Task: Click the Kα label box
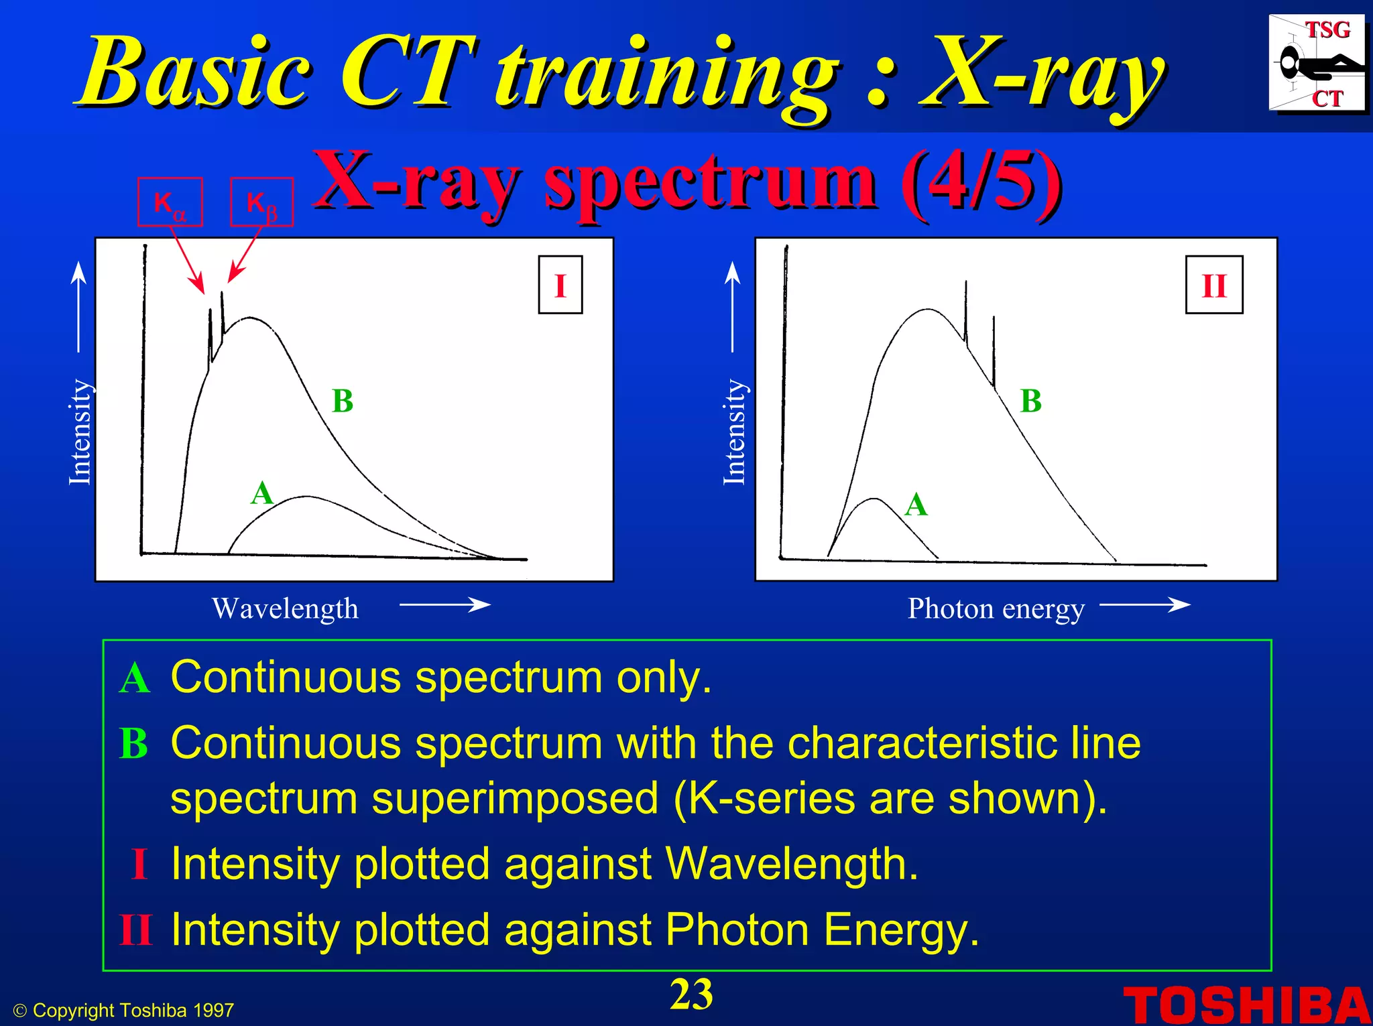tap(170, 202)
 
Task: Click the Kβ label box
tap(262, 202)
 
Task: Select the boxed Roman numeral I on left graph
tap(560, 285)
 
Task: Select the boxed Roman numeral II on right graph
tap(1214, 285)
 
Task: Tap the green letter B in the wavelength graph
tap(343, 401)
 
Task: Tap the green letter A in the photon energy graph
tap(916, 504)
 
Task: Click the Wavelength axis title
tap(285, 608)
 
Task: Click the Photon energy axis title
tap(996, 608)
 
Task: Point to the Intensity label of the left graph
tap(80, 432)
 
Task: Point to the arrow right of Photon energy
tap(1145, 605)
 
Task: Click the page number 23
tap(691, 995)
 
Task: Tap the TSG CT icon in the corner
tap(1317, 64)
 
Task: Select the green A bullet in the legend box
tap(135, 678)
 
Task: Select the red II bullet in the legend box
tap(136, 930)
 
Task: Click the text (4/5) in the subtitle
tap(981, 181)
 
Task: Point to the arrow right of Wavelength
tap(445, 605)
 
